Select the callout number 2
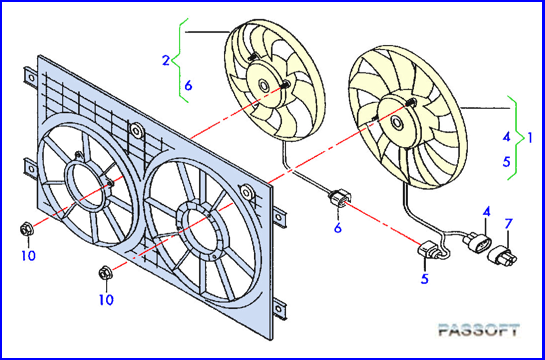pyautogui.click(x=165, y=61)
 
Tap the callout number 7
pyautogui.click(x=508, y=222)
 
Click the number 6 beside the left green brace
pyautogui.click(x=188, y=85)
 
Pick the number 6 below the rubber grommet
pyautogui.click(x=337, y=229)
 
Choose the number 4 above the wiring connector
pyautogui.click(x=486, y=211)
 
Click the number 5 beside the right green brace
pyautogui.click(x=507, y=159)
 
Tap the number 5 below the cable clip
pyautogui.click(x=425, y=280)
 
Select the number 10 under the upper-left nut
pyautogui.click(x=30, y=256)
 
